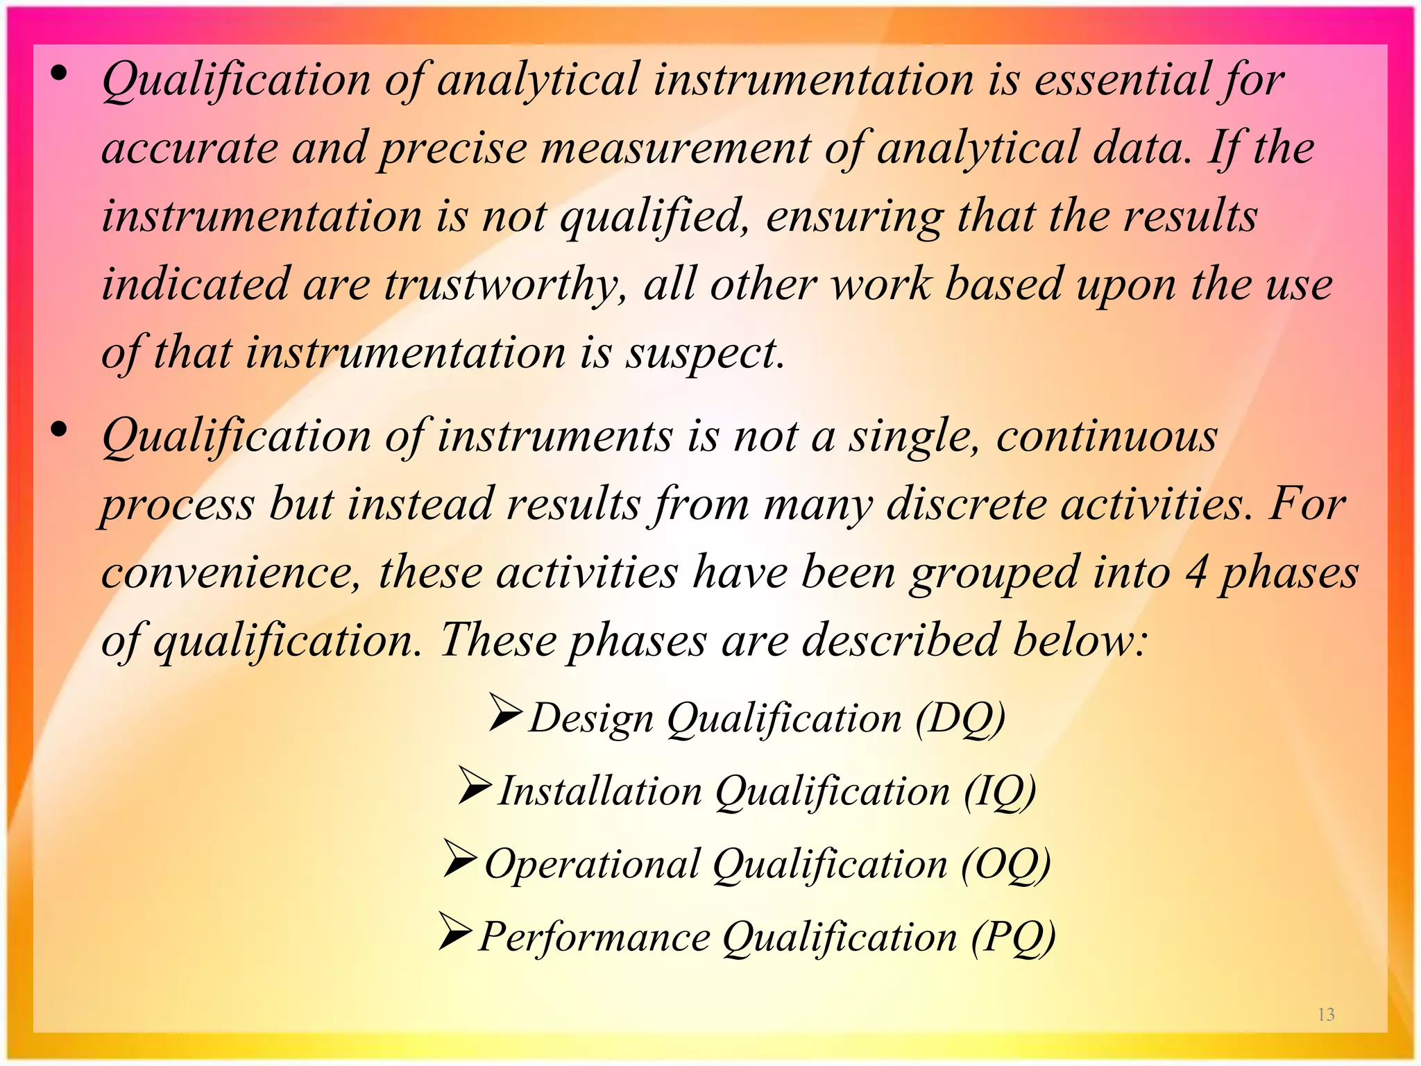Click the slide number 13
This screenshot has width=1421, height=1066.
[1326, 1015]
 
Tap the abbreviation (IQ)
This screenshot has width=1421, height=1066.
[999, 792]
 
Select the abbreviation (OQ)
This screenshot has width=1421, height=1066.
[1005, 865]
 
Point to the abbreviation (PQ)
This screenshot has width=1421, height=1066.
[1012, 938]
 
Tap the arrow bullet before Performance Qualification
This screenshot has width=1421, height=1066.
[455, 932]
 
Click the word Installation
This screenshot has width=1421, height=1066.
[600, 791]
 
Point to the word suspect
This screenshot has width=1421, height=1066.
[705, 354]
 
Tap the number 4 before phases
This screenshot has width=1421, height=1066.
[1195, 573]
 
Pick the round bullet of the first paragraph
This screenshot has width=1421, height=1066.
[60, 73]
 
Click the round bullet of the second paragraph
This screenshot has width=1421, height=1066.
[60, 430]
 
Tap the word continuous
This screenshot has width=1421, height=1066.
[1107, 437]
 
